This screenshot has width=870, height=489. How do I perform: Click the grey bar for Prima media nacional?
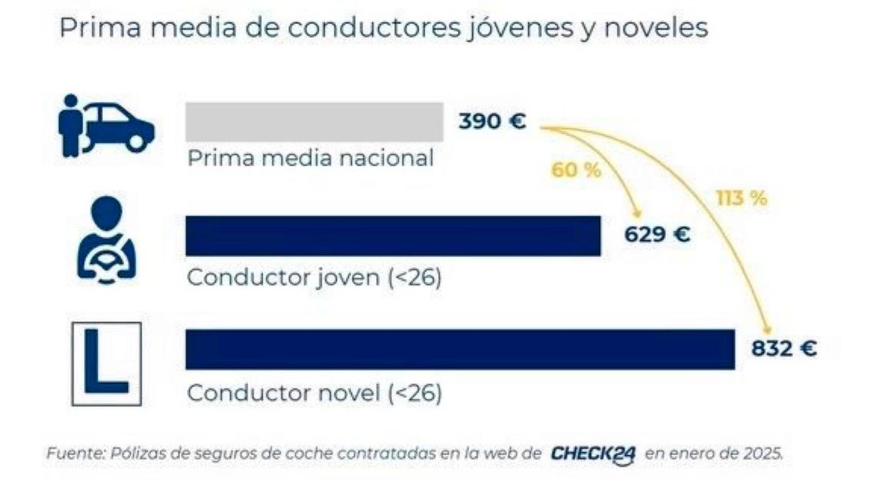click(x=314, y=122)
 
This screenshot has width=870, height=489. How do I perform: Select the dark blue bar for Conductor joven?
click(x=393, y=236)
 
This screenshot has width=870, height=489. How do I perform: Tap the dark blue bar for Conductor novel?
click(x=460, y=349)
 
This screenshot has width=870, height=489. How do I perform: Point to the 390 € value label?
click(x=492, y=121)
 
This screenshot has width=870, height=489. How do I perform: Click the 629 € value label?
click(x=657, y=235)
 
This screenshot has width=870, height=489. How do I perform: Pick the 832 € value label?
click(x=784, y=348)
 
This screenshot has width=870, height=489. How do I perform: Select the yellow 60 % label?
click(x=576, y=171)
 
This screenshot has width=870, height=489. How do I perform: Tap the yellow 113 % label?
click(x=741, y=199)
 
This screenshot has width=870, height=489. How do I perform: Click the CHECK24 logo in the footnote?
click(x=593, y=454)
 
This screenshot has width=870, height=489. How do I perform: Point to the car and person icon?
click(x=106, y=126)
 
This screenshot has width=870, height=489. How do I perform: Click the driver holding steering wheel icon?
click(x=107, y=240)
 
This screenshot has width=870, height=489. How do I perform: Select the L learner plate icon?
click(x=107, y=363)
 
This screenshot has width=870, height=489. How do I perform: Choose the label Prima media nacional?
click(x=310, y=159)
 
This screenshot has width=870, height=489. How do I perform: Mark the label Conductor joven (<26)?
click(x=314, y=278)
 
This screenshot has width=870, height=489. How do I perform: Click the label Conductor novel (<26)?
click(x=314, y=393)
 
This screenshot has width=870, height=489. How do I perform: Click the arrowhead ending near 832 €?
click(x=768, y=329)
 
